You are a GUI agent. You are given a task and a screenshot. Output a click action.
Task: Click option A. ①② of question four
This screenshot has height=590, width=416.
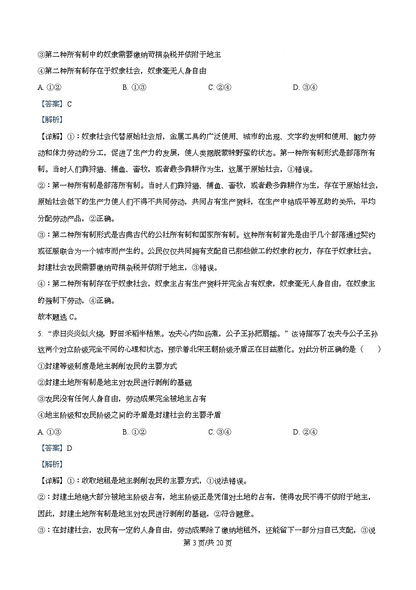coord(50,88)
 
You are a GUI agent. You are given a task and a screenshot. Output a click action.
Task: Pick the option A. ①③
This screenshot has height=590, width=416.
coord(50,432)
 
